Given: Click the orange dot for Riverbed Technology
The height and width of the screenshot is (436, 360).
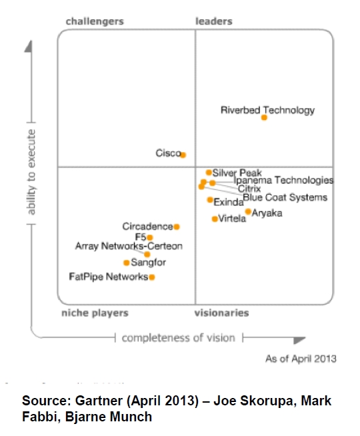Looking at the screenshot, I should coord(264,117).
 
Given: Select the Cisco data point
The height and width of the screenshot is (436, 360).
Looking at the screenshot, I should coord(183,155).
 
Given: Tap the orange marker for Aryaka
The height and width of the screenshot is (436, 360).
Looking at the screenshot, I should coord(248,212).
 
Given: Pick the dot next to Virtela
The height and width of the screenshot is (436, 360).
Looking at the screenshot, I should coord(215,219).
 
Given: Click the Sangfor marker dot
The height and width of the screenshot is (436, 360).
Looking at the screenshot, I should coord(126,263).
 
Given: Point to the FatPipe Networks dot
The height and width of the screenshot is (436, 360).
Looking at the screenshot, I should coord(152,277).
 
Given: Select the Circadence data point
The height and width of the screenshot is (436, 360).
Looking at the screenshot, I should coord(177,227).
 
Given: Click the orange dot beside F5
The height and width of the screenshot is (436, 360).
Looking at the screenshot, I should coord(150,237).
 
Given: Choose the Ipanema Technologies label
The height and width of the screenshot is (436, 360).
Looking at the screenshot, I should coord(283,181).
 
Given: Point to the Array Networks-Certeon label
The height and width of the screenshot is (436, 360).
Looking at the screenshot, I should coord(129,246).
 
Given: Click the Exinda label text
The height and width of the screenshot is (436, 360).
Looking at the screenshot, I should coord(229,203).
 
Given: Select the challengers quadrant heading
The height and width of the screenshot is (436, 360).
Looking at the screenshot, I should coord(95,21).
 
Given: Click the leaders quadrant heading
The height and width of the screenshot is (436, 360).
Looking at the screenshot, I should coord(214,21).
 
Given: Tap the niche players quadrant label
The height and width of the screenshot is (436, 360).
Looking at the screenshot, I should coord(95,313).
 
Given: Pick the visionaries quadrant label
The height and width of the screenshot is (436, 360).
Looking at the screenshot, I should coord(222,313).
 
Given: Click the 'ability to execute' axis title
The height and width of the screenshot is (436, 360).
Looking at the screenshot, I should coord(31,172).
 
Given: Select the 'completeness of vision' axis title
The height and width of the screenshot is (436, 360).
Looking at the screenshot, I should coord(179,338).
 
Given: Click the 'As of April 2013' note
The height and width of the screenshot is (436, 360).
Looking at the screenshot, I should coord(301,359).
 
